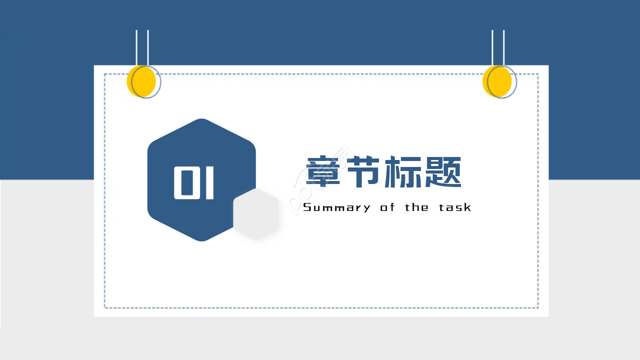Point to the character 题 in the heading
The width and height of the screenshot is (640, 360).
pos(442,172)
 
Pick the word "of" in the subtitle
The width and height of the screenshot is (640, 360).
pos(387,207)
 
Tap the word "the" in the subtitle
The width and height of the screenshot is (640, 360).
pos(416,207)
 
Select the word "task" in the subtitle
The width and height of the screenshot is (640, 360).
pos(455,207)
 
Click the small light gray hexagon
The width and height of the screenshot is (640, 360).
pos(256,214)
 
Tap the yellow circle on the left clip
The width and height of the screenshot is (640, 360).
pos(141,81)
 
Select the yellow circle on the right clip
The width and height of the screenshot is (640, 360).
pos(497,81)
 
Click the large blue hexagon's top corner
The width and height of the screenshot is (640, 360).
pos(201,119)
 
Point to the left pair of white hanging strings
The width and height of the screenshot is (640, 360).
pos(142,47)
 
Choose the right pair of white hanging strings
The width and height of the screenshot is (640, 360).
pos(498,47)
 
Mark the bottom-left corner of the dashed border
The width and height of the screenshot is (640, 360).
pos(105,307)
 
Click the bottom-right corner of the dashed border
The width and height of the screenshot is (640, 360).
pos(537,307)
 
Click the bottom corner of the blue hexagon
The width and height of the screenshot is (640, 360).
pos(201,240)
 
